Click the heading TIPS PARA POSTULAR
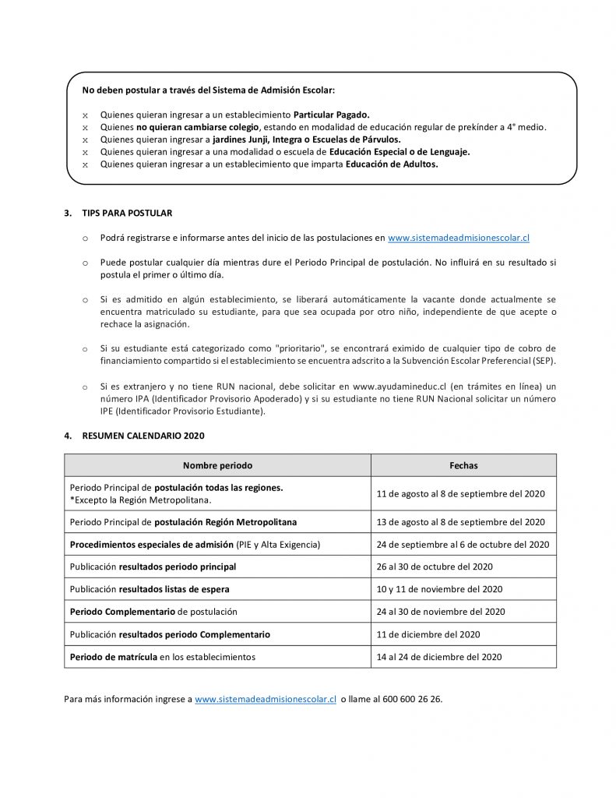127,213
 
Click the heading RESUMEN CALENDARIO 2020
143,436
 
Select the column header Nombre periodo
217,465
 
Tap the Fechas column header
463,465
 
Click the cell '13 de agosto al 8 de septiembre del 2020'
460,522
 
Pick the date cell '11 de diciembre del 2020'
428,634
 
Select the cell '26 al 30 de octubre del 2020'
435,567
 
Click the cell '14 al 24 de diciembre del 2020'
439,657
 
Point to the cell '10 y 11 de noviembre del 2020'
439,589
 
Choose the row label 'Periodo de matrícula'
114,657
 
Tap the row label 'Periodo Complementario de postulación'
153,612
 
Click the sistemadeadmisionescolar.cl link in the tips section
458,238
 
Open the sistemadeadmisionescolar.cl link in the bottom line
265,699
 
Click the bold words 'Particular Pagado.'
331,115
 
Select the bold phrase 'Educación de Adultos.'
392,164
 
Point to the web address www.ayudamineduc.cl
400,387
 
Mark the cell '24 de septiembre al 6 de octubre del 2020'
463,544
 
